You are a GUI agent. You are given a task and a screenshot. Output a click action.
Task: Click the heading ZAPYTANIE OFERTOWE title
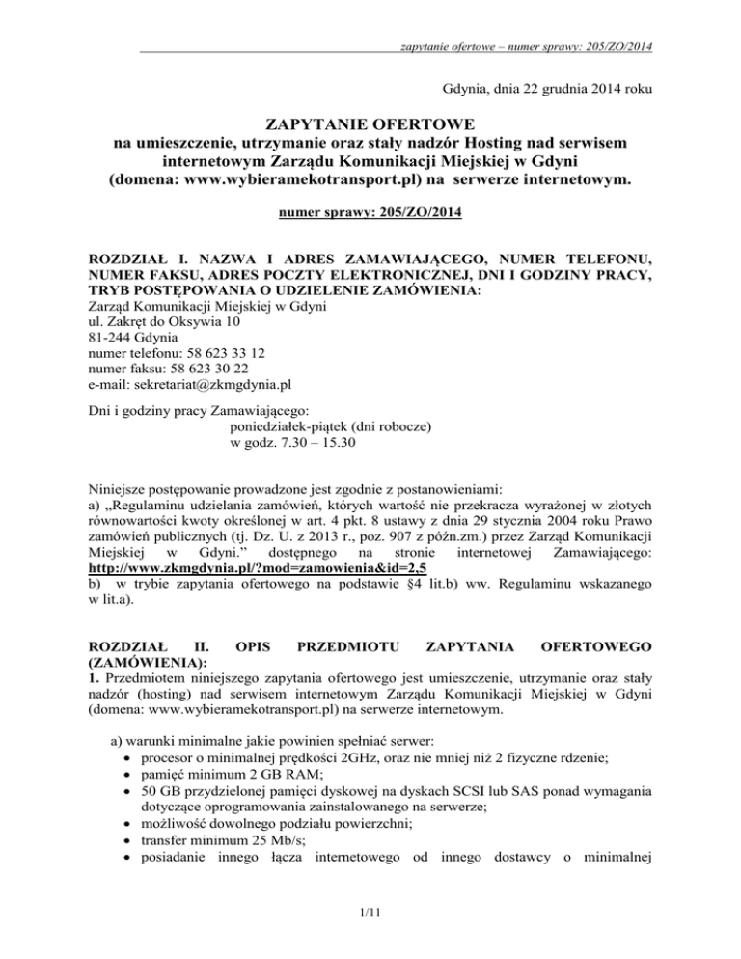click(370, 124)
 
